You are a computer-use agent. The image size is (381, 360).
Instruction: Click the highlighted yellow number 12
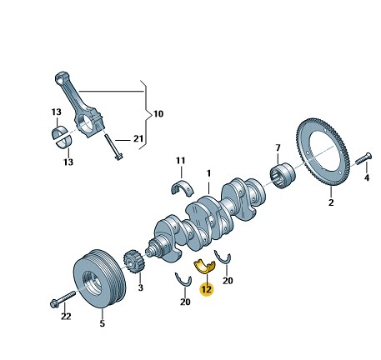(207, 289)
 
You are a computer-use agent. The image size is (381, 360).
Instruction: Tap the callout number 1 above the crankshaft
(208, 173)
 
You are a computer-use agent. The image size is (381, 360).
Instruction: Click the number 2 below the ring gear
(331, 202)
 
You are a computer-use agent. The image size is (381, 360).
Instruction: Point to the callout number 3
(141, 287)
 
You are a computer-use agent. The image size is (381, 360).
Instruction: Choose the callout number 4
(367, 177)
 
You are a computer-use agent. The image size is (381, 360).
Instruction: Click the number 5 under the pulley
(102, 323)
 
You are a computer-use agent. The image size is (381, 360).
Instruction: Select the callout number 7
(278, 148)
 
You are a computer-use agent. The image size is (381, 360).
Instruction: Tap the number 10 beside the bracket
(158, 114)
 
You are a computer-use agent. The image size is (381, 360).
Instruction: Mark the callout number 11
(181, 161)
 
